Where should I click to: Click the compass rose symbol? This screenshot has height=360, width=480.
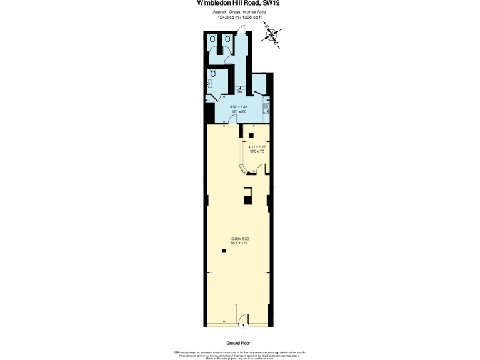(272, 34)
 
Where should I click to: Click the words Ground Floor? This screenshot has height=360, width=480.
(239, 344)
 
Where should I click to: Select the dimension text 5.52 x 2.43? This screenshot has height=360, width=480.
(239, 107)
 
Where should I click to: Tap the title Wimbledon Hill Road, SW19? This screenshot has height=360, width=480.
(239, 3)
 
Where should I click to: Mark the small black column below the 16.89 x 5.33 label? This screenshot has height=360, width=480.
(224, 251)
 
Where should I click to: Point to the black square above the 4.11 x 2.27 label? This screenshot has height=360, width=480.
(251, 135)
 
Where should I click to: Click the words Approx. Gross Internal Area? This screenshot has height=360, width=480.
(239, 12)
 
